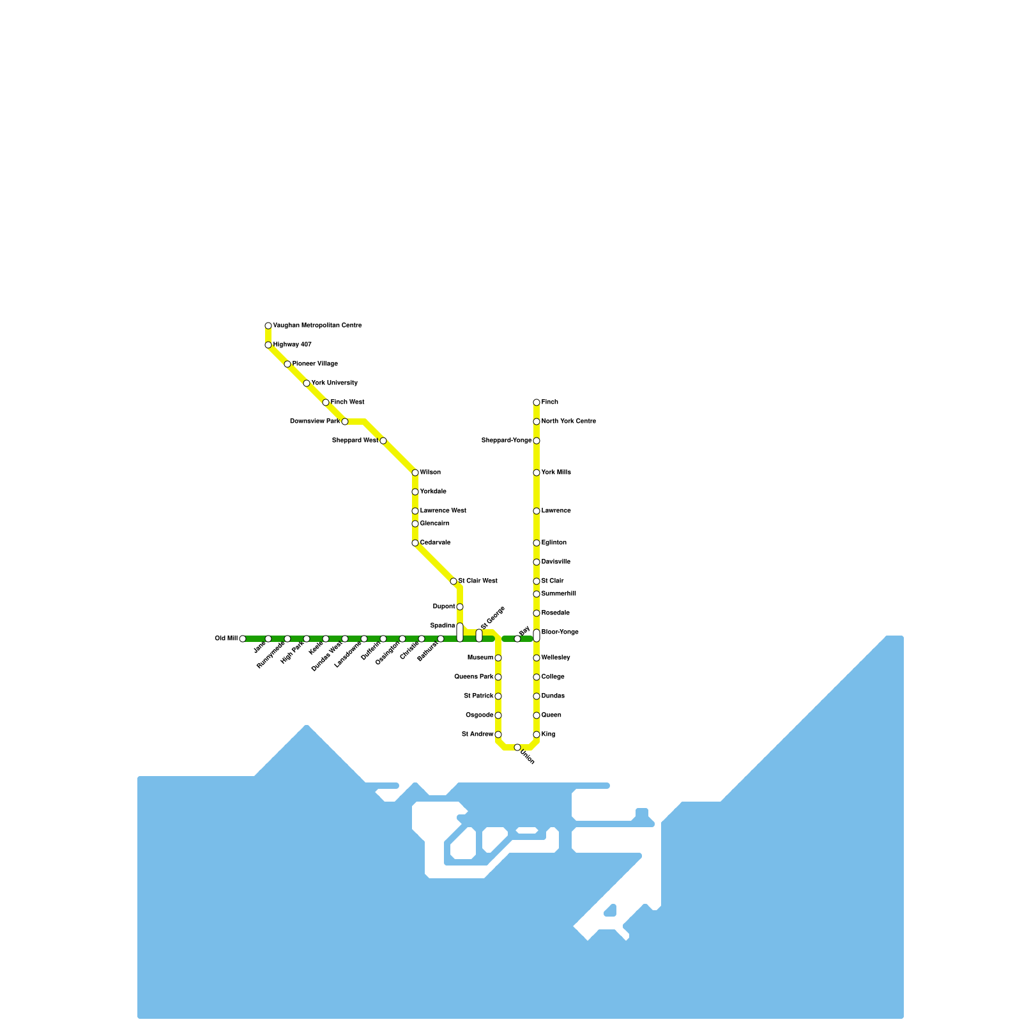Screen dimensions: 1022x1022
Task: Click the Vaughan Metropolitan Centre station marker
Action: pos(268,326)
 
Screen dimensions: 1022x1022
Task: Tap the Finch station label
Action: pos(550,402)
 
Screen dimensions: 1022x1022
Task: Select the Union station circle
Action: pos(517,747)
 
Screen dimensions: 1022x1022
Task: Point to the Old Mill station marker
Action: pos(243,639)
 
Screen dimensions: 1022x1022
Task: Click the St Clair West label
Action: pos(478,581)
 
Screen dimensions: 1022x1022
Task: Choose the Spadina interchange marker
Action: pos(460,632)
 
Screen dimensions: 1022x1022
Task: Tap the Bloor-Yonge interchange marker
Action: pos(537,636)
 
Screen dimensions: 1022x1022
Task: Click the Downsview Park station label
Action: pos(315,422)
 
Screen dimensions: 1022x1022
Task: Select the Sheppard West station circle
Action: pos(383,441)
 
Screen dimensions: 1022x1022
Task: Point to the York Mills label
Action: pos(556,473)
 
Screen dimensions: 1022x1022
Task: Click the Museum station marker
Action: pos(498,658)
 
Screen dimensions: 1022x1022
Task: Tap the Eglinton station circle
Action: pos(537,543)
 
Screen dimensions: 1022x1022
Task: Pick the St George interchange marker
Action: pos(479,636)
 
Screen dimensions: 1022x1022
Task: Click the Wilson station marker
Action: pos(415,473)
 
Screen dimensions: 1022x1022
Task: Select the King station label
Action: pos(549,735)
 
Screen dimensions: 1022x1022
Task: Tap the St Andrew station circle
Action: pos(498,735)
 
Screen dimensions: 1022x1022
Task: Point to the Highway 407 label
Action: pos(293,345)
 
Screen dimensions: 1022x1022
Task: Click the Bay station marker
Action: pos(517,639)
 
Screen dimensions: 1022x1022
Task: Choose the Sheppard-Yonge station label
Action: pos(507,441)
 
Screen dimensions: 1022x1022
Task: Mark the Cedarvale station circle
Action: pos(415,543)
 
